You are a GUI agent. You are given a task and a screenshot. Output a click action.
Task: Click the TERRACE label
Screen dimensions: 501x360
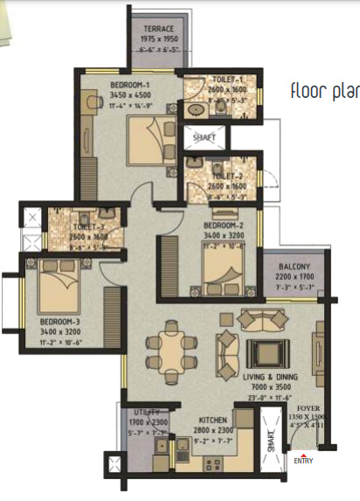point(158,28)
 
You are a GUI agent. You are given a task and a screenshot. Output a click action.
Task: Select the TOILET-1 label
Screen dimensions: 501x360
point(207,79)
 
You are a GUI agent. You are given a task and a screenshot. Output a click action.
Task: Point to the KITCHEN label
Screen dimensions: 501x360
point(214,421)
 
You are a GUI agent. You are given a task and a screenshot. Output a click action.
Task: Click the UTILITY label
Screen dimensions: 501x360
point(146,412)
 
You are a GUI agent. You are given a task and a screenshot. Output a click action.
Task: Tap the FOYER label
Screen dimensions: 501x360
point(308,408)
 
